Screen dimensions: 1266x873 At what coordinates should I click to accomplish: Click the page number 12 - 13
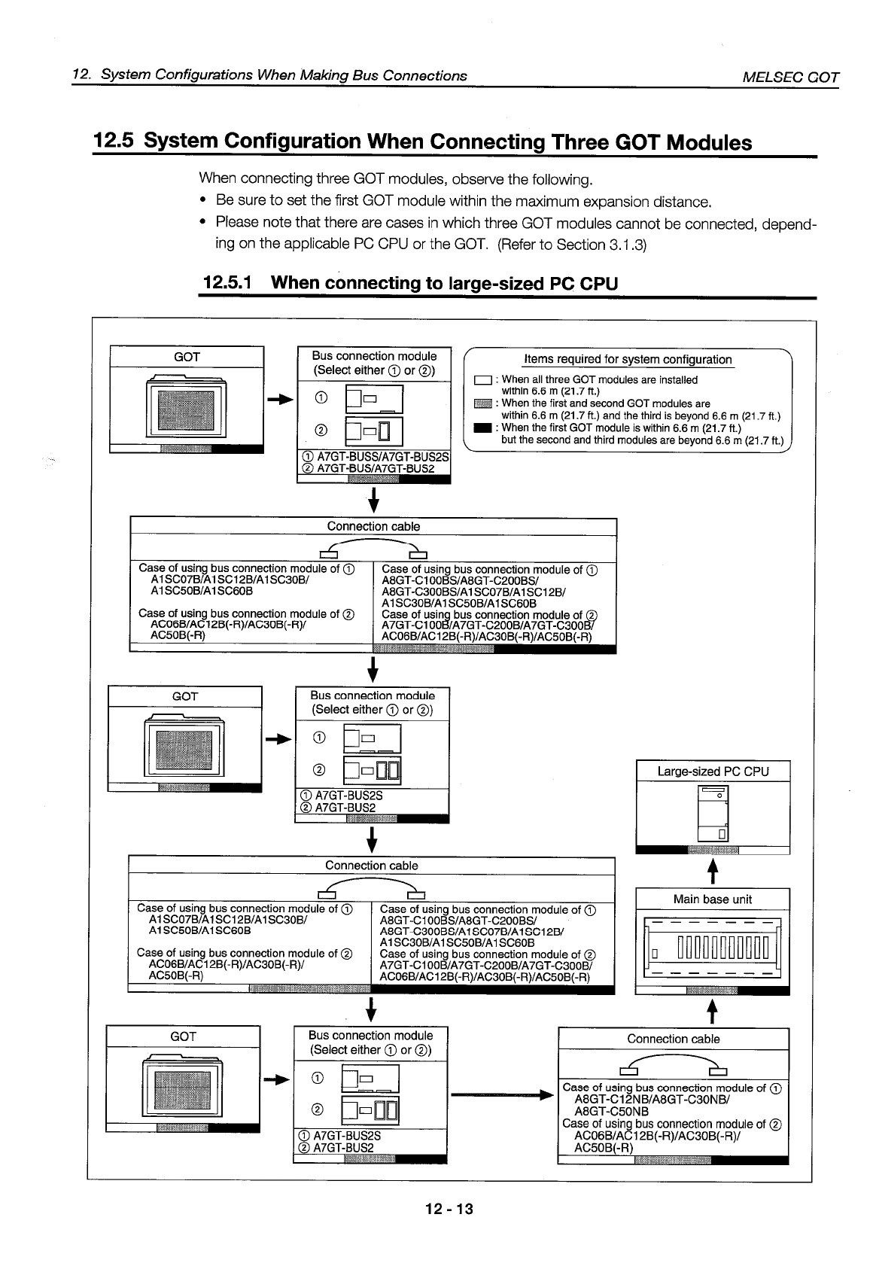coord(449,1209)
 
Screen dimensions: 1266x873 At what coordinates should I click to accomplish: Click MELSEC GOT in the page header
coord(790,77)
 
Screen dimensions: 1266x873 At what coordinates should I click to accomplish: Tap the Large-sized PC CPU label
coord(713,771)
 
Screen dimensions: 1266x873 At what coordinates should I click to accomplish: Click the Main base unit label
coord(713,899)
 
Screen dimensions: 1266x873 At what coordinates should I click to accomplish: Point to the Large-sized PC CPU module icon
coord(713,813)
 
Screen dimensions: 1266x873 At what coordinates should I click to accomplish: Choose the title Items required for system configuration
coord(628,360)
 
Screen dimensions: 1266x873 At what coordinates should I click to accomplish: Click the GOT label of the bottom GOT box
coord(184,1036)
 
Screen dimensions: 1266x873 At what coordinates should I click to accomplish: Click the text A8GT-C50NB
coord(611,1111)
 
